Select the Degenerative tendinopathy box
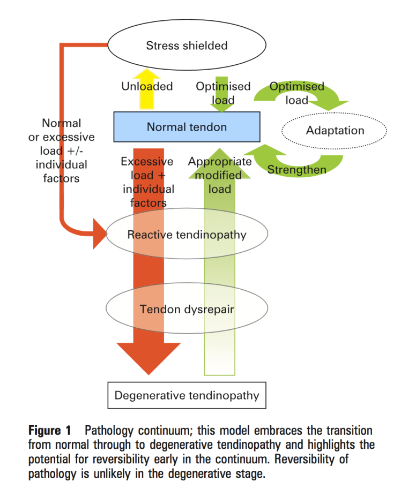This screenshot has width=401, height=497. [x=187, y=396]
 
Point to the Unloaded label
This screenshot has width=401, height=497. [x=139, y=86]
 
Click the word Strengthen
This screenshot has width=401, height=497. [x=296, y=170]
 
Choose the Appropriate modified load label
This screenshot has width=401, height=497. [x=220, y=175]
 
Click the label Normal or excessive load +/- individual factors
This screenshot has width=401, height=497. [x=61, y=150]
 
